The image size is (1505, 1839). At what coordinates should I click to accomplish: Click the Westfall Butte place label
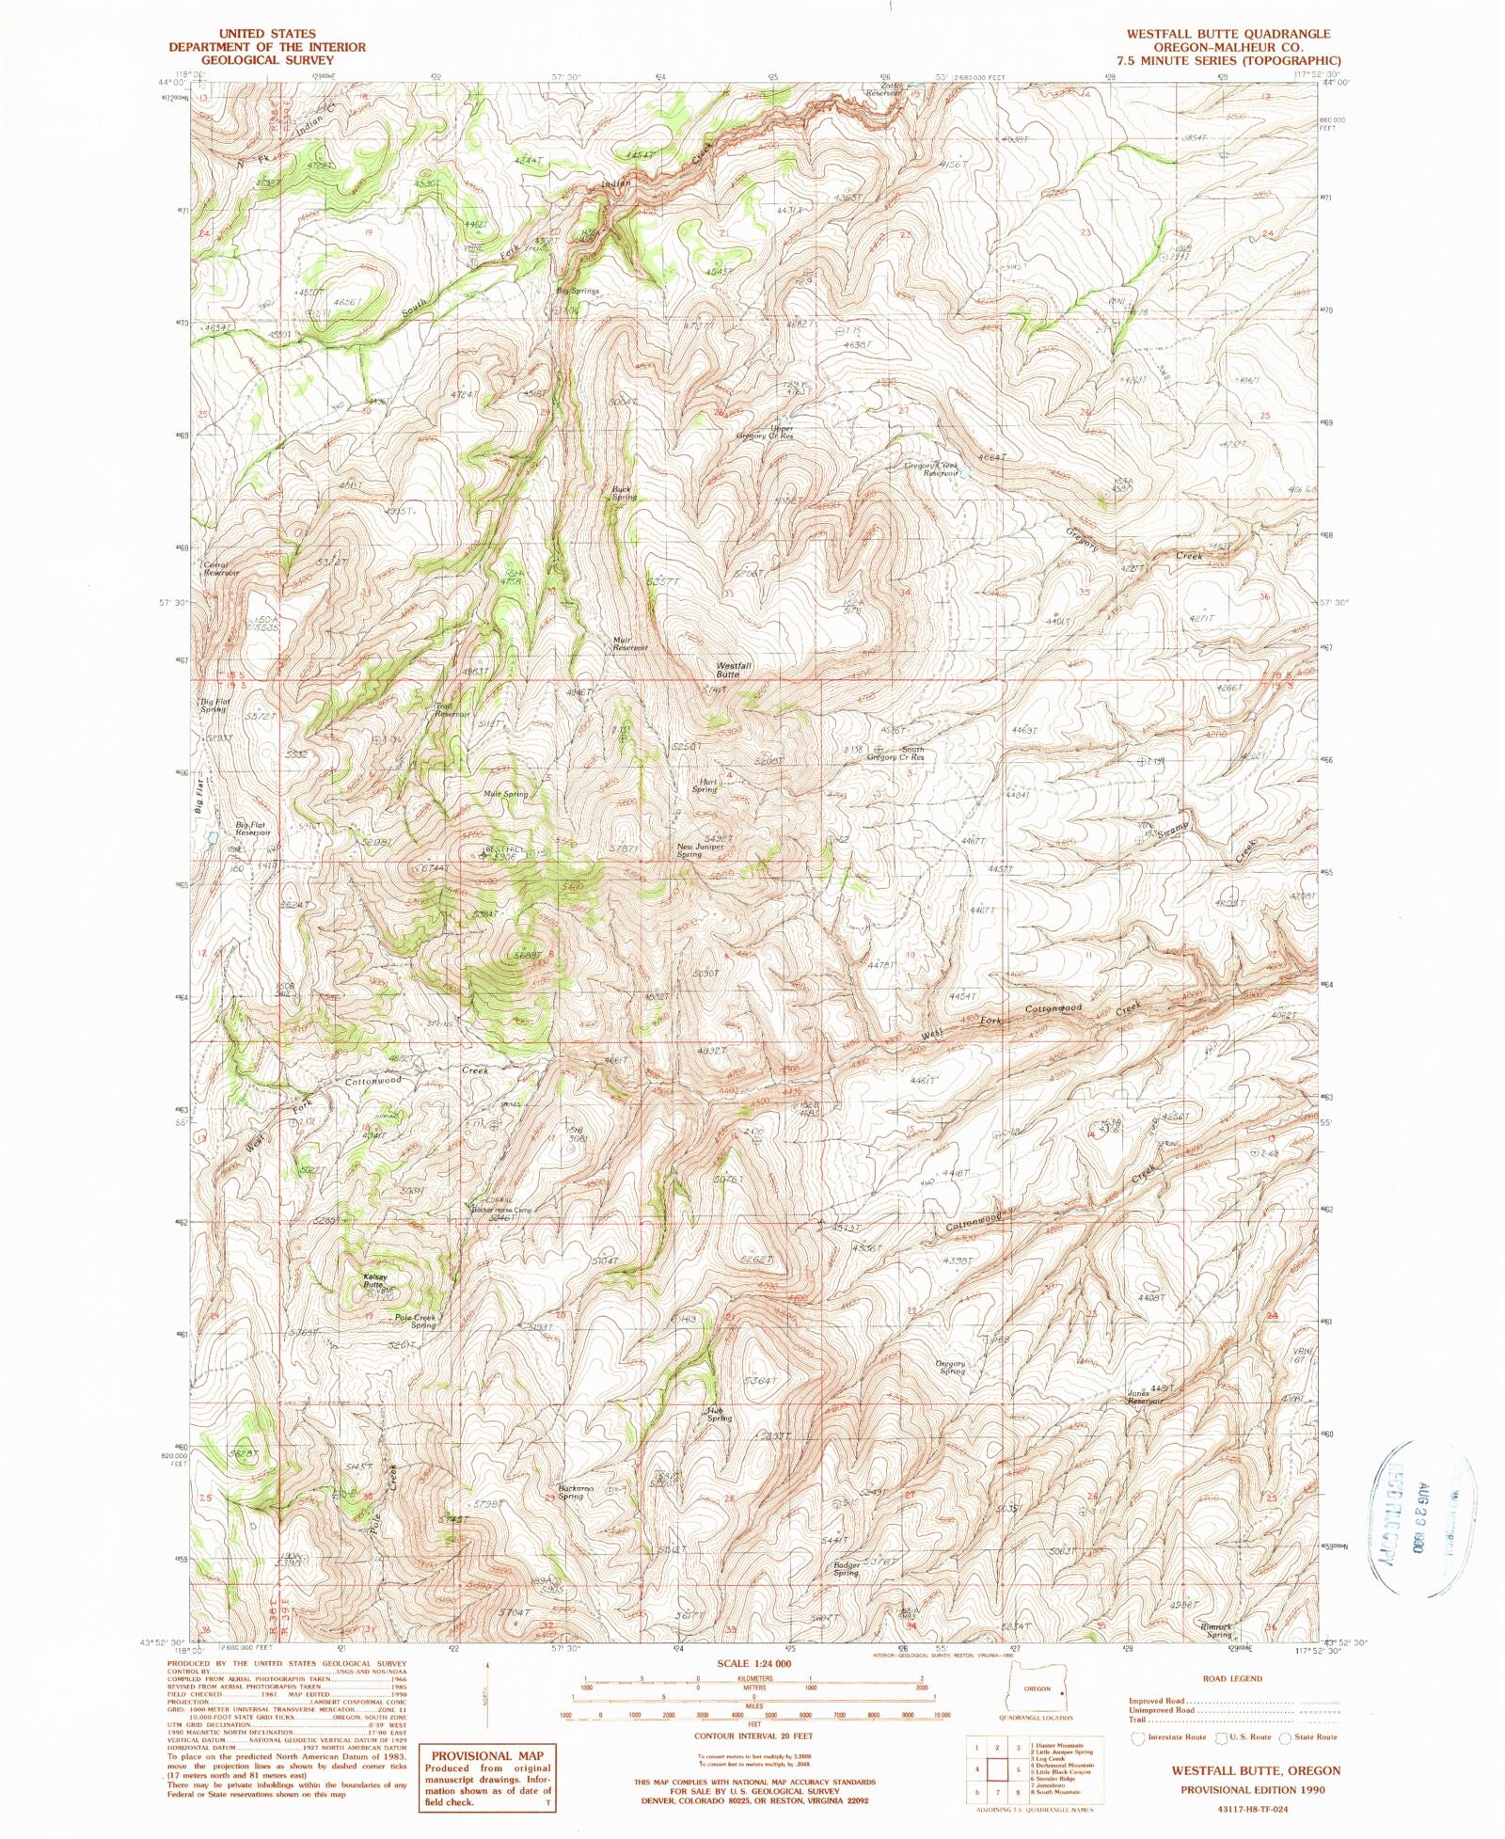[x=733, y=670]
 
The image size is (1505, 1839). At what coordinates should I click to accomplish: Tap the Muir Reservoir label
[x=630, y=643]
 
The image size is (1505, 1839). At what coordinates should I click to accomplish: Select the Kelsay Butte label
[x=373, y=1279]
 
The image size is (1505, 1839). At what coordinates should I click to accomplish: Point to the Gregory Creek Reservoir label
[x=932, y=468]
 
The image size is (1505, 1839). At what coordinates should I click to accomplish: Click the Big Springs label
[x=578, y=291]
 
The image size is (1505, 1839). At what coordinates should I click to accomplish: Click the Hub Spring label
[x=719, y=1413]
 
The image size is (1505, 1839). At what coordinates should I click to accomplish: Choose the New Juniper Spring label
[x=701, y=849]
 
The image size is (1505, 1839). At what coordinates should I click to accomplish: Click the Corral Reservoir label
[x=221, y=568]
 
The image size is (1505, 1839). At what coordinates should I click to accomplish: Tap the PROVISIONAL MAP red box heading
[x=487, y=1755]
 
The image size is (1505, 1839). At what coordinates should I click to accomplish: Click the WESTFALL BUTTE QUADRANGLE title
[x=1228, y=34]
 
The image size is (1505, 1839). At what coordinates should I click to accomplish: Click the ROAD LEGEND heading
[x=1232, y=1678]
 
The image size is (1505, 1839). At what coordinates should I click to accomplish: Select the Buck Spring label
[x=624, y=493]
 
